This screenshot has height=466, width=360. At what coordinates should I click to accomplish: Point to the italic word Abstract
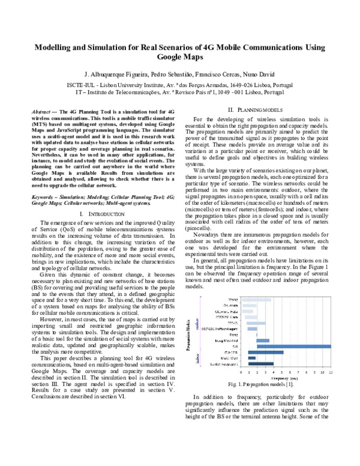coord(41,112)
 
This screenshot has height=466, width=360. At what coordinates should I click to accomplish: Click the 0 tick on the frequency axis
coord(241,373)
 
